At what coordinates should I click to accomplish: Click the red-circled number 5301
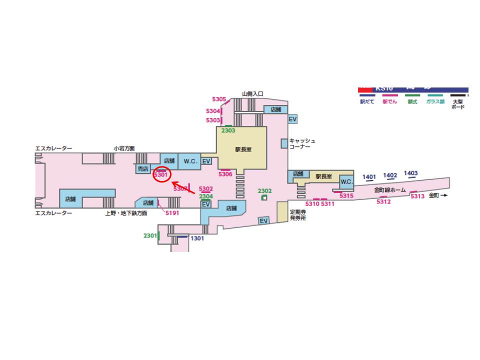[x=161, y=175]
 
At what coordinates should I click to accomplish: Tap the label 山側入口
[x=252, y=93]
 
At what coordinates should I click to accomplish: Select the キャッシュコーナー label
[x=302, y=143]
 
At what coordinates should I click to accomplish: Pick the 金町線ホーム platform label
[x=390, y=190]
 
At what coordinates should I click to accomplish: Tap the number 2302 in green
[x=264, y=191]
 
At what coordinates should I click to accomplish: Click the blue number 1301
[x=197, y=238]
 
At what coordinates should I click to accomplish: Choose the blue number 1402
[x=390, y=175]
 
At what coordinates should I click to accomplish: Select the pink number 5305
[x=219, y=99]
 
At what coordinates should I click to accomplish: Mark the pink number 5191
[x=172, y=212]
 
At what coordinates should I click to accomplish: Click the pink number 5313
[x=417, y=196]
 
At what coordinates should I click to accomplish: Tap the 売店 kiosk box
[x=143, y=169]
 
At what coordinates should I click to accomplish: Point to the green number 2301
[x=150, y=235]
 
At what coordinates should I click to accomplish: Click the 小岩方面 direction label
[x=124, y=148]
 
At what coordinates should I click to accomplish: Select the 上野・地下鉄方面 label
[x=126, y=213]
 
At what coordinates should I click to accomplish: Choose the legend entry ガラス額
[x=435, y=101]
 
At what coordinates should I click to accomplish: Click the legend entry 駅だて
[x=367, y=101]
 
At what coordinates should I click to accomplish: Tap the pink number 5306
[x=225, y=174]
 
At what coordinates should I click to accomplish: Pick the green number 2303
[x=228, y=130]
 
